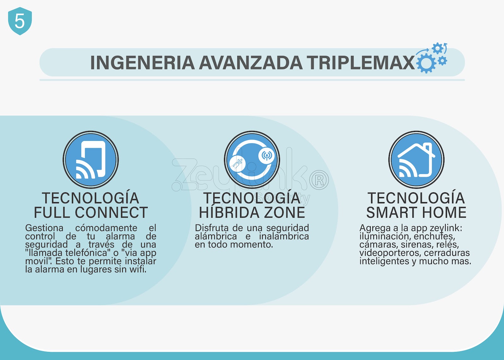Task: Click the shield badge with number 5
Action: pyautogui.click(x=20, y=21)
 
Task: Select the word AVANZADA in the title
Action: pyautogui.click(x=251, y=63)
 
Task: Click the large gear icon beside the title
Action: pyautogui.click(x=426, y=63)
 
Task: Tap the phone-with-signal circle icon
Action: pyautogui.click(x=91, y=160)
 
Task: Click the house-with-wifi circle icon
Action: pyautogui.click(x=416, y=160)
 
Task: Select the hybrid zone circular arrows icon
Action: pyautogui.click(x=252, y=160)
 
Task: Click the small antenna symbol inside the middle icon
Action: pyautogui.click(x=266, y=156)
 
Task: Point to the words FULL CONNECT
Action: pyautogui.click(x=91, y=212)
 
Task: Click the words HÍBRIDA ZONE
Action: pyautogui.click(x=252, y=212)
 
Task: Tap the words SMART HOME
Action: pyautogui.click(x=416, y=212)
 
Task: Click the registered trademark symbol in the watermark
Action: pyautogui.click(x=319, y=180)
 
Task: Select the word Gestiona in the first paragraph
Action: pyautogui.click(x=44, y=228)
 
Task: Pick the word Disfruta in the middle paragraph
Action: pyautogui.click(x=212, y=228)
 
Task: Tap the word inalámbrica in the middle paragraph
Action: pyautogui.click(x=284, y=236)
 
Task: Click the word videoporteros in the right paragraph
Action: pyautogui.click(x=390, y=253)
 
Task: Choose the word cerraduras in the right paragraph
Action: pyautogui.click(x=447, y=253)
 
